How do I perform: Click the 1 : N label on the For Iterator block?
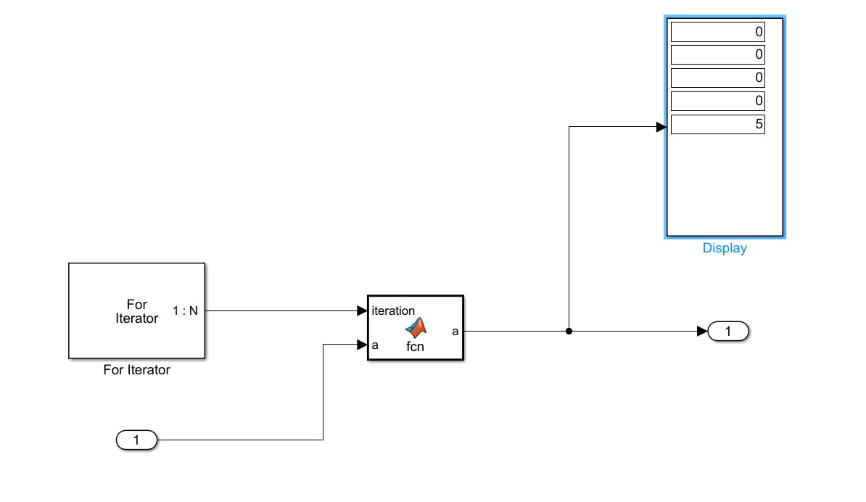click(x=185, y=311)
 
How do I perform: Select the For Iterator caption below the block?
click(x=137, y=370)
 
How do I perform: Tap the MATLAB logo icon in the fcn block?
click(x=416, y=328)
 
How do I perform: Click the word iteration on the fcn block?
click(x=393, y=310)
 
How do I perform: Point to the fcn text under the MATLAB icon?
click(x=415, y=347)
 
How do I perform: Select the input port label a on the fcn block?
click(x=375, y=345)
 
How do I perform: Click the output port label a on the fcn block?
click(x=455, y=332)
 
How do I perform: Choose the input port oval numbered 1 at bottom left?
click(x=136, y=440)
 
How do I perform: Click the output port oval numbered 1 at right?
click(x=728, y=332)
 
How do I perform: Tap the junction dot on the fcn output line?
click(x=569, y=332)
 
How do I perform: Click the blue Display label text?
click(x=725, y=248)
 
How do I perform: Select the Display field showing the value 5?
click(x=717, y=124)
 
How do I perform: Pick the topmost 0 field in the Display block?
click(x=717, y=32)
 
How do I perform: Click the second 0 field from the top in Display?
click(x=717, y=54)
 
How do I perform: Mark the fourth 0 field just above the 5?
click(x=717, y=100)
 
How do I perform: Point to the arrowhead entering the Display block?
click(x=661, y=127)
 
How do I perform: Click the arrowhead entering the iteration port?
click(x=363, y=311)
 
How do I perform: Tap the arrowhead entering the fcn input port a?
click(x=363, y=345)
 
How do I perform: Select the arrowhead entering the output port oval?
click(x=702, y=332)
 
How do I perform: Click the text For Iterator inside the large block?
click(x=136, y=311)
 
